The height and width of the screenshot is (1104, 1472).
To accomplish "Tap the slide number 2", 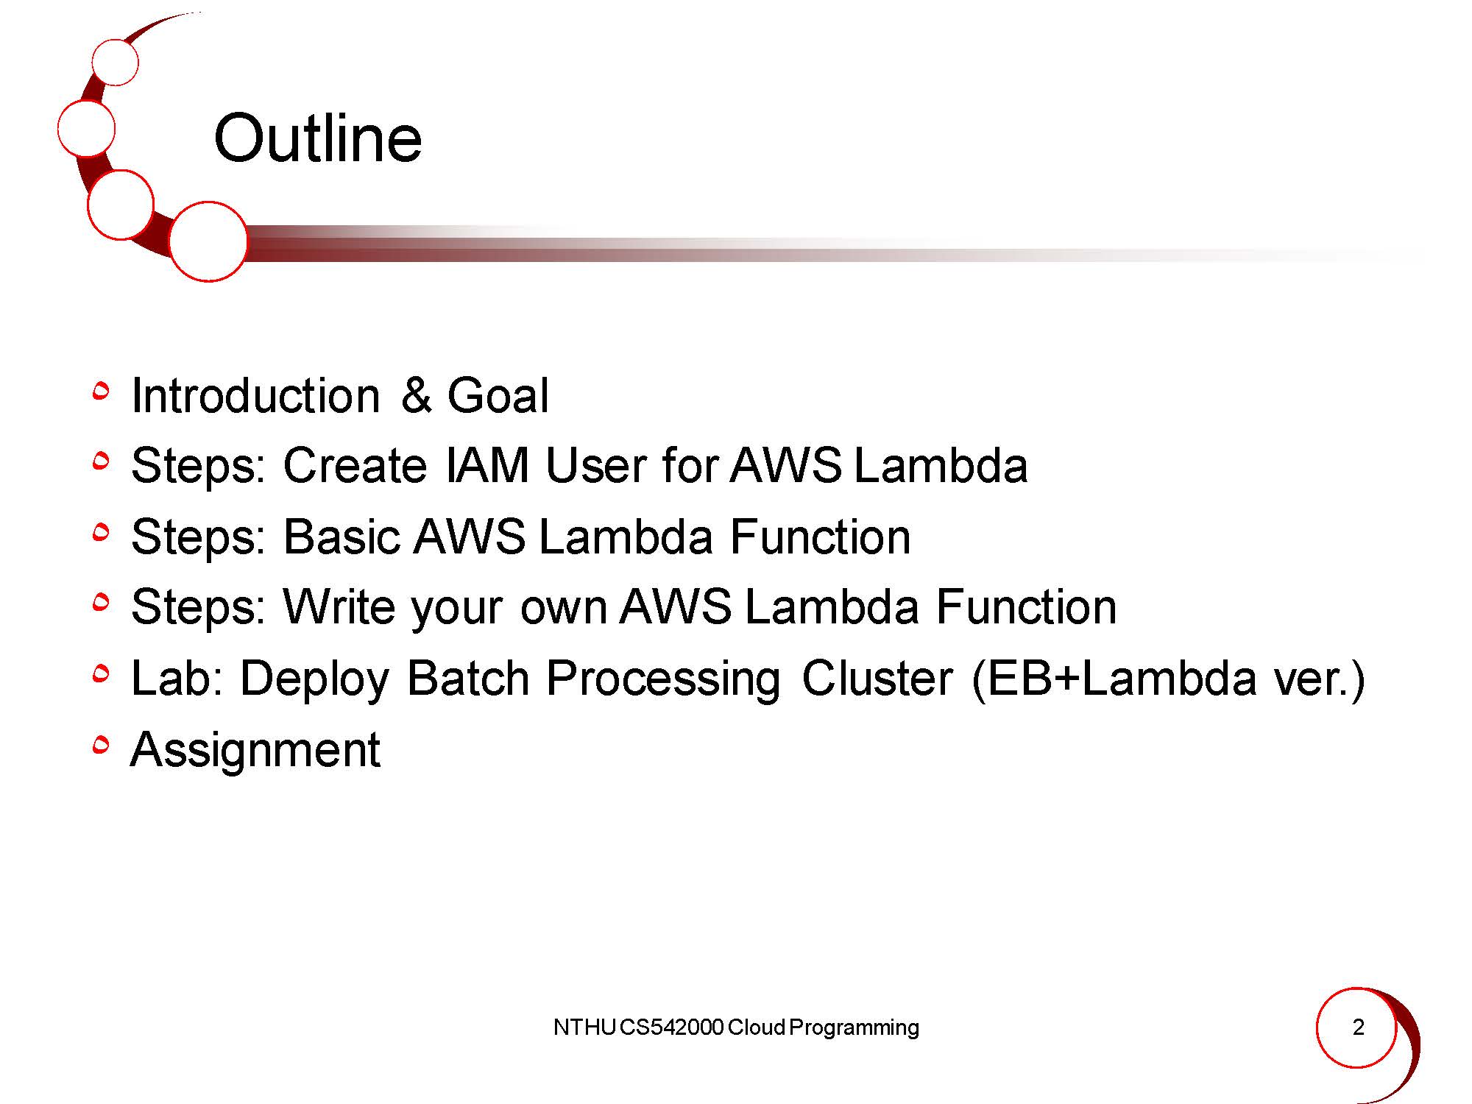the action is coord(1358,1027).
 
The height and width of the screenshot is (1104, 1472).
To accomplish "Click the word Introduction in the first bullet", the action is coord(255,395).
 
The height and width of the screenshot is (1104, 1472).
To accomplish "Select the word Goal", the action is coord(498,395).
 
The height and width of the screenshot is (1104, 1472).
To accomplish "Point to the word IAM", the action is coord(488,465).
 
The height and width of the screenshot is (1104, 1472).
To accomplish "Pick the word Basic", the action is coord(342,536).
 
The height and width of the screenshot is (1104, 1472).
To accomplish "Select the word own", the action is coord(563,609).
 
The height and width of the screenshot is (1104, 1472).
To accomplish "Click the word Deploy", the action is coord(314,679).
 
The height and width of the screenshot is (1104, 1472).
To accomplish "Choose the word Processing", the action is coord(663,679).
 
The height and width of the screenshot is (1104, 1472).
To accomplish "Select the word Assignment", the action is coord(255,750).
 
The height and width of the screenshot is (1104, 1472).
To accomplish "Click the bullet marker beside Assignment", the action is coord(102,746).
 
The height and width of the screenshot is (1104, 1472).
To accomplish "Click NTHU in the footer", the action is coord(584,1027).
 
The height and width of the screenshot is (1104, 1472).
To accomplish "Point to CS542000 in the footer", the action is coord(672,1027).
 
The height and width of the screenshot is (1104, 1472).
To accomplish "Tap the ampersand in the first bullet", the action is coord(416,395).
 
